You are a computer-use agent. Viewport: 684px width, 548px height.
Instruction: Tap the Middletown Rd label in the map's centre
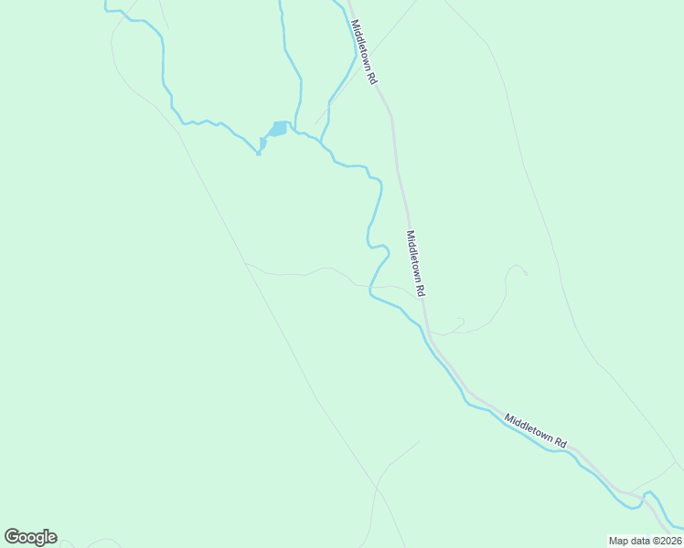tap(416, 263)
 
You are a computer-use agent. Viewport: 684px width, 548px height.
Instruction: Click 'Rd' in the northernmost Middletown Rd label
tap(372, 78)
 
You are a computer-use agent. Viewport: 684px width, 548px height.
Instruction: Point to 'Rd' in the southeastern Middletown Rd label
tap(560, 442)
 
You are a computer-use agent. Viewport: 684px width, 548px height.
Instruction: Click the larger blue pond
tap(279, 129)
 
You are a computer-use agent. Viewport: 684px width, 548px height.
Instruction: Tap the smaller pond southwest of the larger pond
tap(262, 143)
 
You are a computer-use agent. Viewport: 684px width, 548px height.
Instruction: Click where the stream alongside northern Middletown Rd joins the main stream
tap(322, 142)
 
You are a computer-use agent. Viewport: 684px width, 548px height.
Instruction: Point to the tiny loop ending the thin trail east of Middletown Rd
tap(519, 269)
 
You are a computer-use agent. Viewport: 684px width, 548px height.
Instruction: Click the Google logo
tap(30, 537)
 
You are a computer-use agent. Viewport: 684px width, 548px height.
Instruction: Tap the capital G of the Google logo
tap(13, 536)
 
